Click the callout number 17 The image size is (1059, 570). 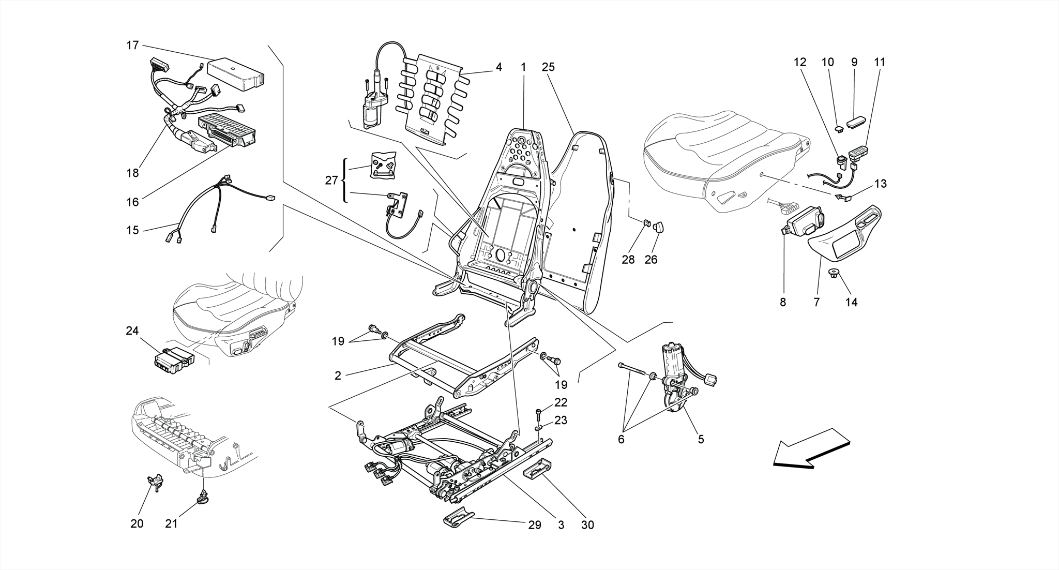[132, 46]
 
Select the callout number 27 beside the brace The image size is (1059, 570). [331, 181]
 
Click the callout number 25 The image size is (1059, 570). [548, 67]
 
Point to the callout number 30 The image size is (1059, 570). [587, 525]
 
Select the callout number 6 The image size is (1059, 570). [621, 440]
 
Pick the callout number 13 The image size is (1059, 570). [880, 184]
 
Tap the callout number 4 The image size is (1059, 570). [498, 67]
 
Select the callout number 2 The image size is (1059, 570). [338, 376]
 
